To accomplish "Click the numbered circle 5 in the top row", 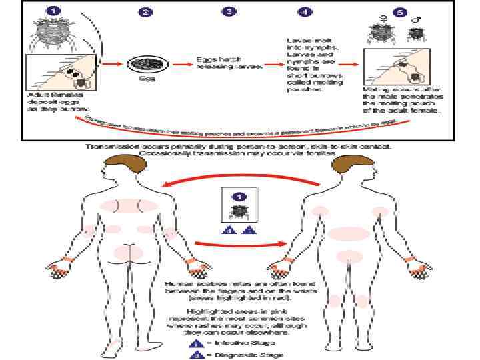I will click(x=399, y=11).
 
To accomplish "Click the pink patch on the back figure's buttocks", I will click(x=127, y=253).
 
